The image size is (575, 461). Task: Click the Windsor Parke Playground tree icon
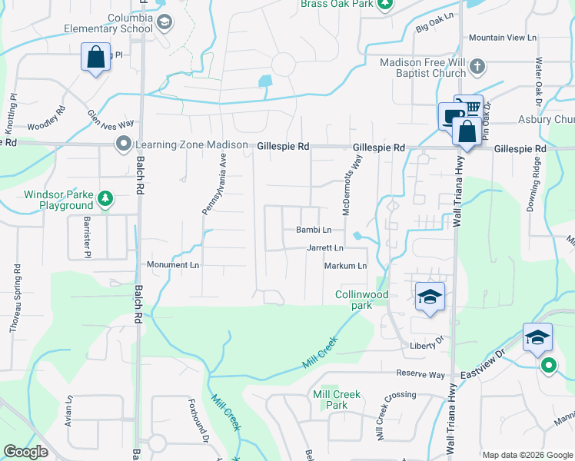(x=105, y=201)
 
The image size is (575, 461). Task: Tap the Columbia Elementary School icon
(x=164, y=23)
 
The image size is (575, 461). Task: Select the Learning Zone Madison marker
(x=123, y=144)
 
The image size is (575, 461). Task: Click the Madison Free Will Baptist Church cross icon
(x=477, y=66)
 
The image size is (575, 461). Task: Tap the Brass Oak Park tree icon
(x=385, y=4)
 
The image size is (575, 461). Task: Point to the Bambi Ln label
(x=314, y=230)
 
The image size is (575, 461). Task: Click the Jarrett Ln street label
(x=325, y=248)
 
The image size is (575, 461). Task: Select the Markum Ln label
(x=345, y=266)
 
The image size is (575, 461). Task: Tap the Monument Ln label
(x=173, y=264)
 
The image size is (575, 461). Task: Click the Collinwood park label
(x=362, y=300)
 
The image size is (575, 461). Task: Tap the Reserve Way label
(x=420, y=374)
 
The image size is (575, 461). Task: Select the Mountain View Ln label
(x=503, y=38)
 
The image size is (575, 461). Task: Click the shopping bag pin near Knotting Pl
(x=95, y=58)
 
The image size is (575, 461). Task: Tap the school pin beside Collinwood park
(x=430, y=297)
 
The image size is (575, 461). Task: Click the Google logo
(x=26, y=452)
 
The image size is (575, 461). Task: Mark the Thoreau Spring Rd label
(x=15, y=299)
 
